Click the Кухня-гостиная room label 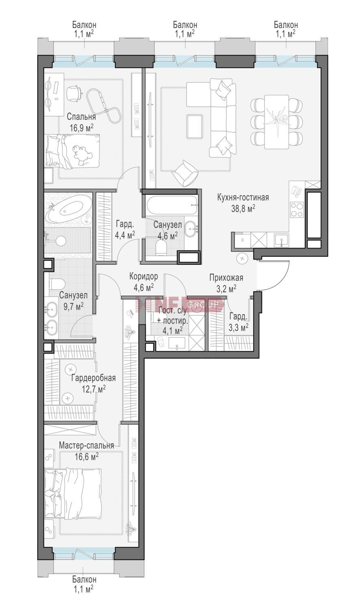(243, 197)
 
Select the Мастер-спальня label (86, 446)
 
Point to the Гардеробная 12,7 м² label (93, 383)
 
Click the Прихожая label (226, 278)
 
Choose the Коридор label (143, 276)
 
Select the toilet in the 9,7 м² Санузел (57, 284)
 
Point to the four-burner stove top (297, 210)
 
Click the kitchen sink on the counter (282, 240)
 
